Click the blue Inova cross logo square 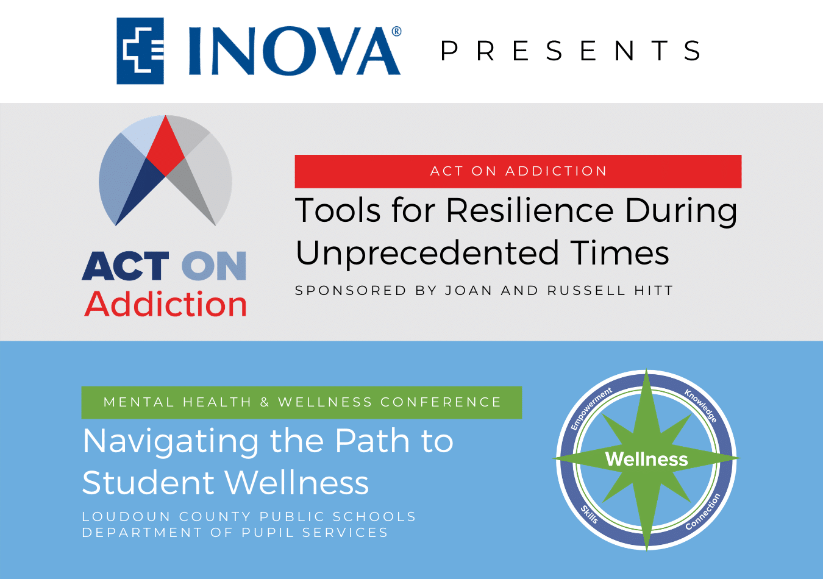(x=140, y=51)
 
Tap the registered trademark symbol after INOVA (x=396, y=31)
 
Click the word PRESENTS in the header (x=571, y=51)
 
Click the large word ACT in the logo (x=126, y=266)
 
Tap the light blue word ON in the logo (x=214, y=266)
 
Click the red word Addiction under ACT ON (x=165, y=304)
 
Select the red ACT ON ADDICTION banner (x=518, y=171)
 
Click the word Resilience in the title (x=530, y=210)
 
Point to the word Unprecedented (x=427, y=253)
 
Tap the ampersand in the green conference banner (x=265, y=402)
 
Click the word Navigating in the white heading (x=171, y=442)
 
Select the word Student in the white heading (x=148, y=482)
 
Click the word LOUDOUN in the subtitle (x=126, y=517)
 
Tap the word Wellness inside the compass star (x=647, y=459)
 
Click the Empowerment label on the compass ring (x=591, y=408)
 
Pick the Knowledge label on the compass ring (x=700, y=406)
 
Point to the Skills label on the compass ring (x=590, y=514)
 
